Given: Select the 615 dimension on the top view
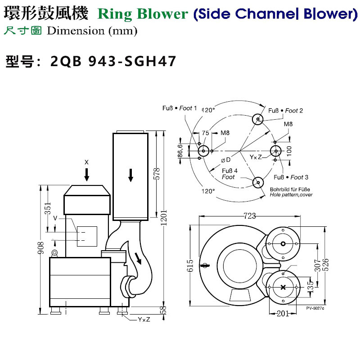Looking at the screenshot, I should (190, 266).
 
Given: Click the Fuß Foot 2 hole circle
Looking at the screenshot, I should (258, 119).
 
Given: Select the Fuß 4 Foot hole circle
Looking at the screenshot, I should (258, 182).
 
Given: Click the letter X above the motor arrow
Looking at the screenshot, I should (87, 161).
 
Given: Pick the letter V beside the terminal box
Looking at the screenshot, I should (55, 218).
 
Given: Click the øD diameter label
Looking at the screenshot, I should (226, 160).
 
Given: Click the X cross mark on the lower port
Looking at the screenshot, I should (283, 288).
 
